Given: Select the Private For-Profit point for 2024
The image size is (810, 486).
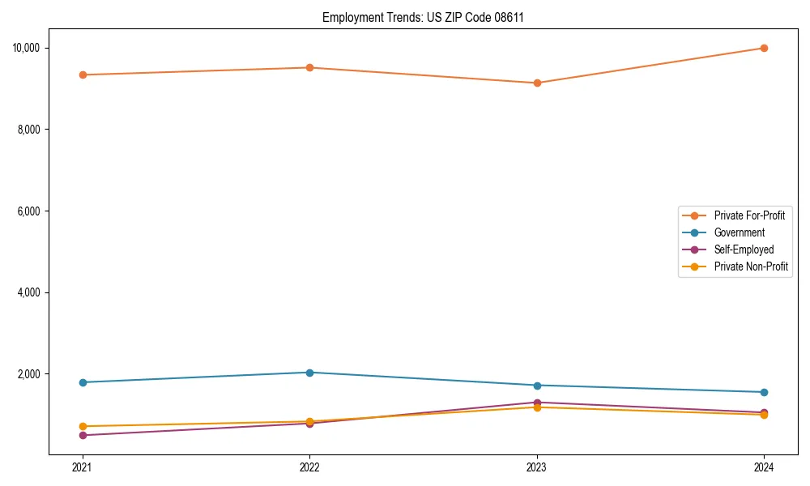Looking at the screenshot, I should [764, 48].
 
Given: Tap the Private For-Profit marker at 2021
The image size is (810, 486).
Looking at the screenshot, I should [83, 75].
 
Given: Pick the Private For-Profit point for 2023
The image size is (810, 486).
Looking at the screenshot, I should [536, 83].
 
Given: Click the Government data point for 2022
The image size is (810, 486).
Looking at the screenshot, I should [309, 373].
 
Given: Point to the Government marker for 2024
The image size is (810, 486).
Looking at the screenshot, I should [764, 392].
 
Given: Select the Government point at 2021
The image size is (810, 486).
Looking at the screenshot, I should [83, 382].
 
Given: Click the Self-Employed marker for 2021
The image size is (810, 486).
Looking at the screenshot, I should [83, 435].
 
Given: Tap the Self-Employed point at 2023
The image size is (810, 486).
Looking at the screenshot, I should [536, 403].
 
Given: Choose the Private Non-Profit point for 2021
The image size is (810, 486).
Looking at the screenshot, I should [83, 426].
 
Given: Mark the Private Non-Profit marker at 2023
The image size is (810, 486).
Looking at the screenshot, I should [536, 407].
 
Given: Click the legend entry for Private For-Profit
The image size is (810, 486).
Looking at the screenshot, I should [748, 215].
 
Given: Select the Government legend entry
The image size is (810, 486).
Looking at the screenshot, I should [739, 232].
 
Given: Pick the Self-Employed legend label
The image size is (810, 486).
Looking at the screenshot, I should [744, 249].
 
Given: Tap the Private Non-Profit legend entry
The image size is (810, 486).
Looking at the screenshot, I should [751, 266].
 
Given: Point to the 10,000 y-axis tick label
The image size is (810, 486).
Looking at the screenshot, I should [27, 48].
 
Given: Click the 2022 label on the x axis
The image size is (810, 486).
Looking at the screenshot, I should [309, 467].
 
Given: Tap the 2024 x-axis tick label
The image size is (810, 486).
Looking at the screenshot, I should [764, 467].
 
